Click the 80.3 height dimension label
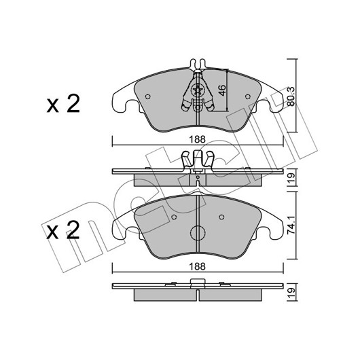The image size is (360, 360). [x=291, y=96]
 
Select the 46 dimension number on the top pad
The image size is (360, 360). [x=222, y=91]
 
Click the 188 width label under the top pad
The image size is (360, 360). [x=197, y=139]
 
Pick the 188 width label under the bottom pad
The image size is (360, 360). [x=197, y=266]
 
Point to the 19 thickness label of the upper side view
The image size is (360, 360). [x=291, y=177]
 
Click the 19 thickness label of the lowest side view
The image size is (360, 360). [x=291, y=293]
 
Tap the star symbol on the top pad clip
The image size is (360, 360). [x=198, y=90]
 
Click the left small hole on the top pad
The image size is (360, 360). [x=148, y=96]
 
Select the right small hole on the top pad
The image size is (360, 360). [x=247, y=96]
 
